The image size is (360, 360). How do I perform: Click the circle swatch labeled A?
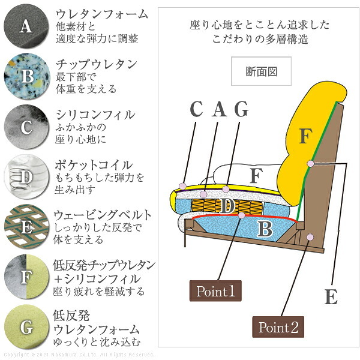[x=26, y=26]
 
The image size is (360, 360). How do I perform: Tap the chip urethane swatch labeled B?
[x=27, y=76]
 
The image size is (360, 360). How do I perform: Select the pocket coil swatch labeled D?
[x=26, y=176]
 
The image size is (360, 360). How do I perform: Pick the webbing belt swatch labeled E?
[x=26, y=227]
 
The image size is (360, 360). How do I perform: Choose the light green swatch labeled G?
[x=26, y=327]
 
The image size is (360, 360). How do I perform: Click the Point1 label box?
[x=215, y=290]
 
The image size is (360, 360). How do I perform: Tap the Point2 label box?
[x=278, y=327]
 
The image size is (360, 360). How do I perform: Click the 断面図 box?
[x=261, y=71]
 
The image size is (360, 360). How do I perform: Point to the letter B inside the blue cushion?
[x=265, y=229]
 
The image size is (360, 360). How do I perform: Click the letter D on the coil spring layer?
[x=227, y=206]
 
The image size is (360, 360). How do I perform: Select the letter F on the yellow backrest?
[x=305, y=136]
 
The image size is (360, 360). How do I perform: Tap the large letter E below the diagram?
[x=331, y=296]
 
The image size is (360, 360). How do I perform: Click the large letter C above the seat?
[x=197, y=109]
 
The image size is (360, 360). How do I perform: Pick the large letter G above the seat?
[x=241, y=109]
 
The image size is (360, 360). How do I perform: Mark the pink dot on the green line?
[x=310, y=164]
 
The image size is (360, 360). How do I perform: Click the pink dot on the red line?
[x=242, y=215]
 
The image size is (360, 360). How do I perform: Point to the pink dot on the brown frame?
[x=310, y=237]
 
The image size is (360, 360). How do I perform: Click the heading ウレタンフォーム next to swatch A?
[x=102, y=14]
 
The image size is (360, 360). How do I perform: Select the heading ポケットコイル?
[x=94, y=165]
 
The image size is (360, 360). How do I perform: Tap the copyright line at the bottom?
[x=79, y=355]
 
